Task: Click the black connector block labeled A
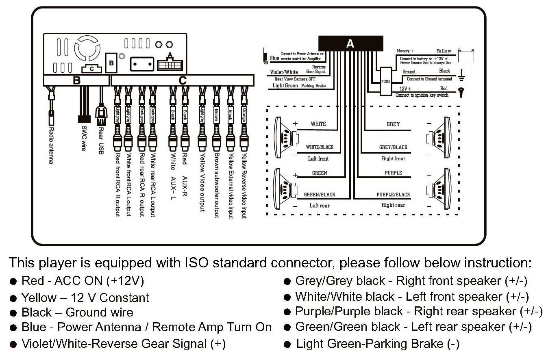pos(350,43)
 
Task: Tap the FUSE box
pos(385,82)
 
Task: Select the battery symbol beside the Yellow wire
pos(466,56)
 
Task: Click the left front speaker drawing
pos(284,138)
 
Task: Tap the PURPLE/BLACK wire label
pos(393,195)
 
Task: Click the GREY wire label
pos(393,124)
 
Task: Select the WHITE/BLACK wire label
pos(319,147)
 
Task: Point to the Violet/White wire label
pos(284,72)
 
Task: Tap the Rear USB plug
pos(100,116)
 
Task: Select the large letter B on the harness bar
pos(76,80)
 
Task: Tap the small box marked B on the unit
pos(111,63)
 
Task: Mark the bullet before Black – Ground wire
pos(13,313)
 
